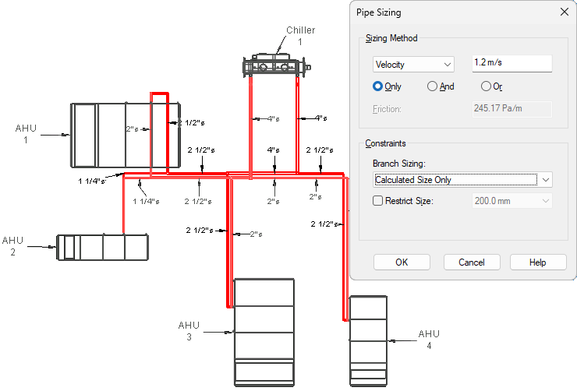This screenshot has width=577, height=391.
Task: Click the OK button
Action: tap(402, 262)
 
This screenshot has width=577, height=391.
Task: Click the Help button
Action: tap(538, 262)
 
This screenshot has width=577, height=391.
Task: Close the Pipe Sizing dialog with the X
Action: tap(564, 12)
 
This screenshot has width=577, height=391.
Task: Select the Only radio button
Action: tap(377, 86)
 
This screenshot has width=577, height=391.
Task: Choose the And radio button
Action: tap(432, 86)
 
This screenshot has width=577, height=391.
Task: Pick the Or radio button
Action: tap(486, 86)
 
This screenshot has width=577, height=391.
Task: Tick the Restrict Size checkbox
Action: tap(378, 201)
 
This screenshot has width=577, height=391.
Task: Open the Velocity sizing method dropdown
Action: tap(413, 65)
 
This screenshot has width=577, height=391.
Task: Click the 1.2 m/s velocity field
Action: tap(512, 63)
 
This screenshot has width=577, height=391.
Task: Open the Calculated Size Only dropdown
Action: tap(462, 180)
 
